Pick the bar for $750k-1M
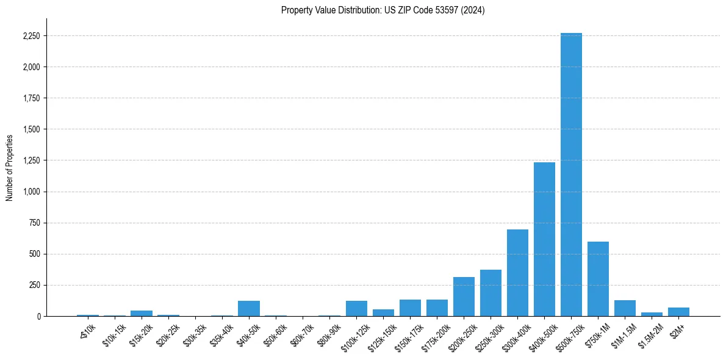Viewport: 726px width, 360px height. pos(598,279)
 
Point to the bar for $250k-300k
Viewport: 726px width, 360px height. pos(491,293)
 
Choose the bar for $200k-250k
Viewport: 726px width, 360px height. pos(464,297)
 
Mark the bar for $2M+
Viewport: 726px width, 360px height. pos(678,312)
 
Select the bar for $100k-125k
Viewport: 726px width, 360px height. pos(356,308)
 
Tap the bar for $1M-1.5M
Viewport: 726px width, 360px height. pos(625,308)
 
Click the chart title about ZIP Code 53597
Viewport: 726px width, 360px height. pos(383,10)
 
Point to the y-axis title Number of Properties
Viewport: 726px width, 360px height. pos(10,167)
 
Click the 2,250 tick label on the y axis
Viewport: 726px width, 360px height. pos(31,36)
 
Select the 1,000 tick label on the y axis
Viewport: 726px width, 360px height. pos(31,192)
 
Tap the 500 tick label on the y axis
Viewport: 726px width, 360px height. pos(34,254)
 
